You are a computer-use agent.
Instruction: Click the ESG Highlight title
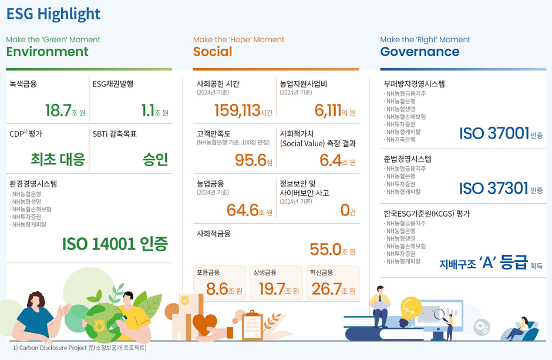[53, 14]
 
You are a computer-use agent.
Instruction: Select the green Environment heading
[47, 52]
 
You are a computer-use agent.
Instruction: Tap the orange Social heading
[213, 52]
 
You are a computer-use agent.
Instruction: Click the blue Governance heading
[420, 52]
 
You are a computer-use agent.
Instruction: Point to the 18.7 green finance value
[58, 110]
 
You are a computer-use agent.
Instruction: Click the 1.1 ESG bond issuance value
[147, 110]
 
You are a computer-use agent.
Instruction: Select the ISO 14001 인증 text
[115, 244]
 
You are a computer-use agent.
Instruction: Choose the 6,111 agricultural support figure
[328, 110]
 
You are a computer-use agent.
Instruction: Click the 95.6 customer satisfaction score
[250, 160]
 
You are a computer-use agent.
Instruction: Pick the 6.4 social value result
[330, 160]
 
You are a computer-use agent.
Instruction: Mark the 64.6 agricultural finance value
[243, 210]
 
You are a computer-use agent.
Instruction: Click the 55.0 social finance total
[325, 250]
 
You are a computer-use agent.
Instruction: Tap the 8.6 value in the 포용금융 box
[217, 289]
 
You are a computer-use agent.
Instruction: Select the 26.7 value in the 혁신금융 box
[327, 289]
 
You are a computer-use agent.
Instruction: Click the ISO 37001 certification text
[494, 134]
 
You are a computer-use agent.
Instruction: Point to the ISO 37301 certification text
[494, 188]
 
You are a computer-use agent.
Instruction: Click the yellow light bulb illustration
[410, 308]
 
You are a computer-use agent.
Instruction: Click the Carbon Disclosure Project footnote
[79, 348]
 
